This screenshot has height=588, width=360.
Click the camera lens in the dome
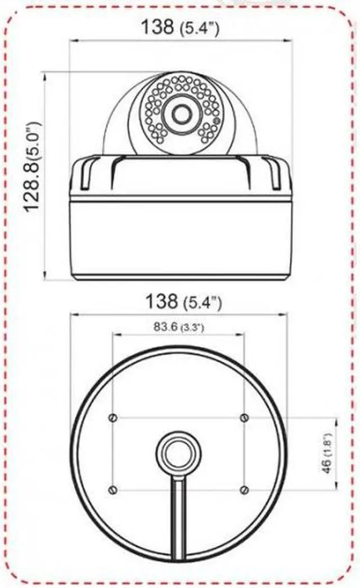pos(181,113)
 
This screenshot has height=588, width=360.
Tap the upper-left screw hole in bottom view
pos(113,418)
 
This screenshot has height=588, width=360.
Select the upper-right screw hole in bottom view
pos(244,418)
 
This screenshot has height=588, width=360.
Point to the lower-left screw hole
pos(113,490)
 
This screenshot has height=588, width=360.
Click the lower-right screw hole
pos(244,490)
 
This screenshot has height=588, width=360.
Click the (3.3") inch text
pos(191,326)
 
